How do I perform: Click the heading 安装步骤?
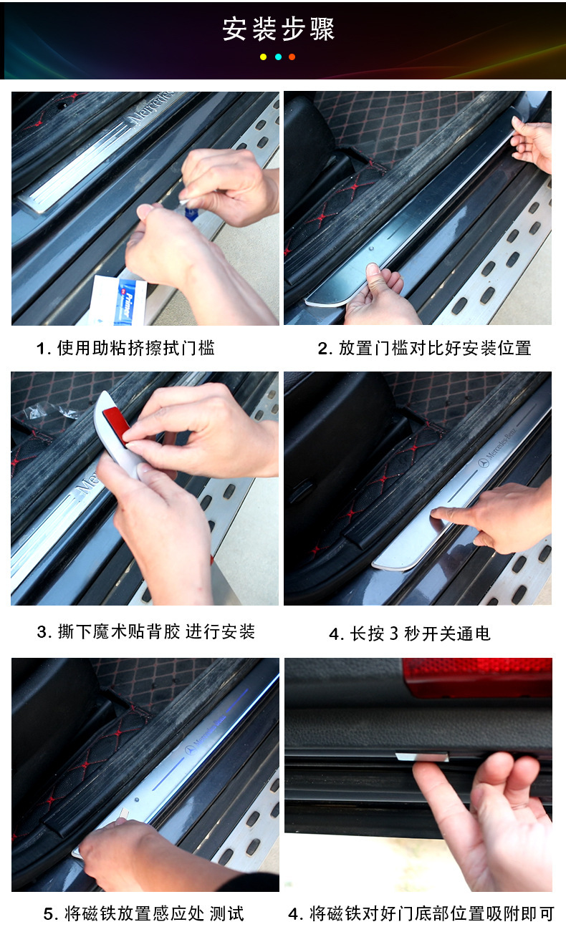click(x=279, y=29)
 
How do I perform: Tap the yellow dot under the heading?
click(x=263, y=57)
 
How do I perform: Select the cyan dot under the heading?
click(x=278, y=57)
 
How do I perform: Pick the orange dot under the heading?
click(x=292, y=57)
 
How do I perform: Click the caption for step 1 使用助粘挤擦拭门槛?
click(x=125, y=349)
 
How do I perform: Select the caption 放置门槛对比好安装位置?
click(x=424, y=349)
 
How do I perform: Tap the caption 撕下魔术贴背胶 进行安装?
click(x=145, y=632)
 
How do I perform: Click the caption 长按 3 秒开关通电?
click(x=410, y=633)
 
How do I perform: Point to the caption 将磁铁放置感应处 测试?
click(x=143, y=914)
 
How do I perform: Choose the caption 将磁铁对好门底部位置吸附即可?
click(x=421, y=914)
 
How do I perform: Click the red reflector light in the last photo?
click(x=477, y=676)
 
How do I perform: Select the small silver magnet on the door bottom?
click(x=421, y=757)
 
